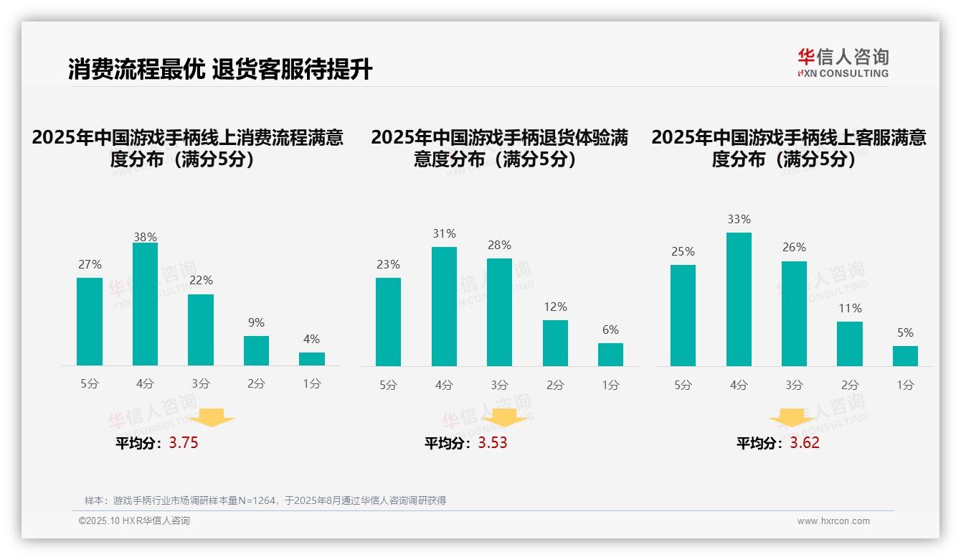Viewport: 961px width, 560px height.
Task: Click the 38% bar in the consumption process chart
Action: point(145,304)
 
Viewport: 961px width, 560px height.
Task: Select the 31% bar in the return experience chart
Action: point(444,307)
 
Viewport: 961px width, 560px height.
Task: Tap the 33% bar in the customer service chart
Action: point(739,299)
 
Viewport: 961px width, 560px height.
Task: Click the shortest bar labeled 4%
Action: point(312,359)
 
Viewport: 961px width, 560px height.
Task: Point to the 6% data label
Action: point(610,330)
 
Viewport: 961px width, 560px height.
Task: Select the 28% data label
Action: point(499,246)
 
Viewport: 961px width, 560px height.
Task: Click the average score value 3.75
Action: point(184,443)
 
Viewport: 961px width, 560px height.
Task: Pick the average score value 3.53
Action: point(493,443)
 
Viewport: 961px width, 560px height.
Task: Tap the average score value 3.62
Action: point(805,443)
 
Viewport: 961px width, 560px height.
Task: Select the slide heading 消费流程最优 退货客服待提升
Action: point(220,70)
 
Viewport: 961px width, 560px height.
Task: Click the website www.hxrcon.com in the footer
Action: point(833,521)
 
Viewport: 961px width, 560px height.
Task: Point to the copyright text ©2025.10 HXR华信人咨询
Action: point(134,521)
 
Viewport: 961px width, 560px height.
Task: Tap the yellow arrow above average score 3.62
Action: point(792,418)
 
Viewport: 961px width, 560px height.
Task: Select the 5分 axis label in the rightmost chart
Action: point(683,385)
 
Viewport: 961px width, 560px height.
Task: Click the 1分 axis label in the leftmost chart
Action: point(312,384)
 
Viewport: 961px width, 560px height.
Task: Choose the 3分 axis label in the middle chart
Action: point(499,385)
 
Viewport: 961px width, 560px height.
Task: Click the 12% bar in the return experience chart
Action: point(555,343)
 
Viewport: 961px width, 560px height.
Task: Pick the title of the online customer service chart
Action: point(788,148)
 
